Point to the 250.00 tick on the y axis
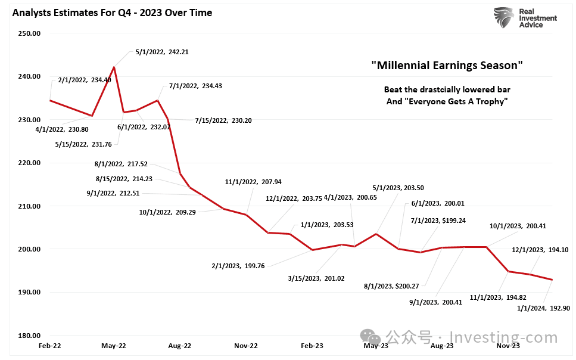pos(29,33)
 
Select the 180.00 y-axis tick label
pos(29,336)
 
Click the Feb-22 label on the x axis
pos(50,345)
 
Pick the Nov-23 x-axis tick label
pos(507,345)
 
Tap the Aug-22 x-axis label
pos(179,345)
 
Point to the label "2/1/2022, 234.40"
pos(85,80)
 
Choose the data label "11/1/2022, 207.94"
pos(253,182)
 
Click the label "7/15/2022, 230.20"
pos(223,120)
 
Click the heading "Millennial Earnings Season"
pos(446,65)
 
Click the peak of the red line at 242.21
pos(114,67)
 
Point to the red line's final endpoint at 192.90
pos(552,280)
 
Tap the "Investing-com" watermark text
pos(503,337)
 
